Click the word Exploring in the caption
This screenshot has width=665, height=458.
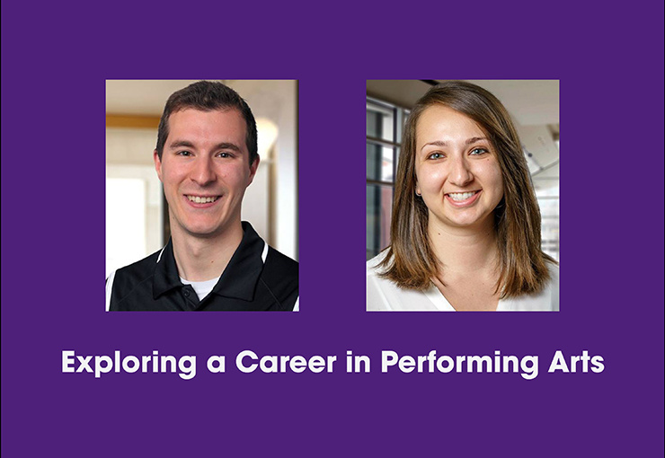(129, 364)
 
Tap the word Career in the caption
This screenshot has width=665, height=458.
(286, 362)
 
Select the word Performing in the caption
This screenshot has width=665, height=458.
(460, 364)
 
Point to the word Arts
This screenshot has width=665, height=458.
(576, 362)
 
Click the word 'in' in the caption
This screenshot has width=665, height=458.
(359, 362)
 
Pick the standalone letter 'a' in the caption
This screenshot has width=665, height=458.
(216, 364)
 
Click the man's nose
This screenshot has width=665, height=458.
(204, 172)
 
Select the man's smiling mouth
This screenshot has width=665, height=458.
(203, 199)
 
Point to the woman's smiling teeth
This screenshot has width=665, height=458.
(462, 197)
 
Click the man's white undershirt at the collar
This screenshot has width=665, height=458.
(200, 286)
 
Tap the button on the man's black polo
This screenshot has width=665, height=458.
(184, 292)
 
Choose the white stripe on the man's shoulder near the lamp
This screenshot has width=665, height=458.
(264, 252)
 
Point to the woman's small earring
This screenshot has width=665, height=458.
(418, 194)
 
